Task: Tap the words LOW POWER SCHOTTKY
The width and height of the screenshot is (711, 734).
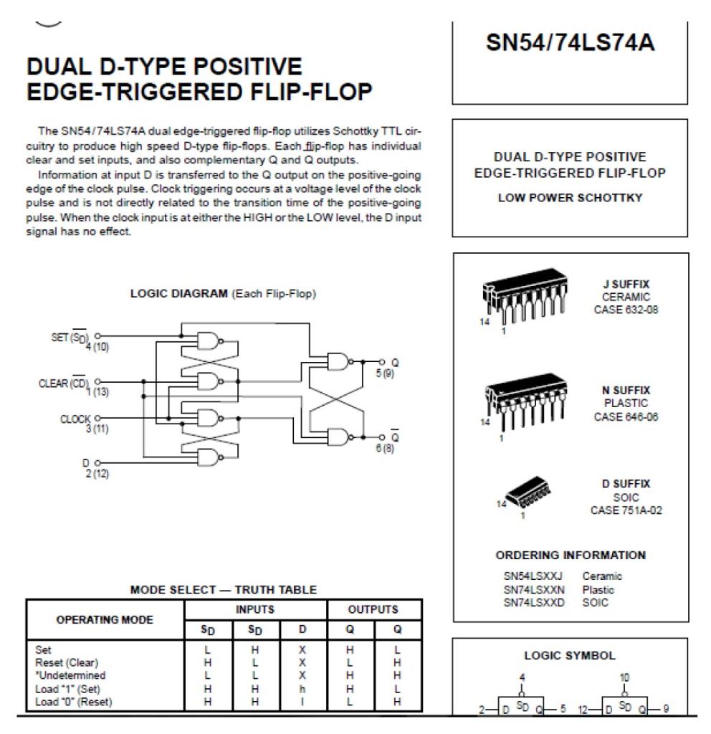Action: coord(571,199)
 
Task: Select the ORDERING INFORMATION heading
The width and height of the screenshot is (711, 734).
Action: coord(571,555)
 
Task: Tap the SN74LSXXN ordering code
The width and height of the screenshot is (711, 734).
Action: coord(534,590)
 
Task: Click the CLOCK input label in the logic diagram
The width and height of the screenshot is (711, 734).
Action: coord(75,419)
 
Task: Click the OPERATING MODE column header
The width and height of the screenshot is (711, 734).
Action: coord(105,620)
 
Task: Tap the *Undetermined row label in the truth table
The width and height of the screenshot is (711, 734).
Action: coord(72,675)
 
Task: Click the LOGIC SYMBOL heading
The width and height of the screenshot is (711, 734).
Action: coord(571,655)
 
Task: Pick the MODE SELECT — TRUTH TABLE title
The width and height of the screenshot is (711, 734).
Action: coord(223,590)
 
